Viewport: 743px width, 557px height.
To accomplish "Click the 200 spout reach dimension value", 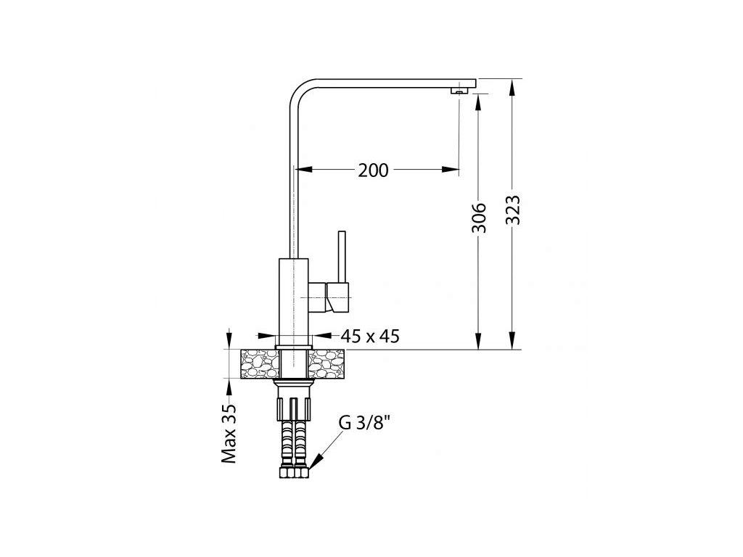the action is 373,170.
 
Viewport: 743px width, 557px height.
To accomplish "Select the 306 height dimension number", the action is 479,218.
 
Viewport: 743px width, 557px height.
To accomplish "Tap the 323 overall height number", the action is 513,210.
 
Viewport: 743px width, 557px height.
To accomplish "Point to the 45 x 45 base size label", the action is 370,337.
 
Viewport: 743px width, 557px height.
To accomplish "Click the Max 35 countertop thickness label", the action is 229,434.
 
